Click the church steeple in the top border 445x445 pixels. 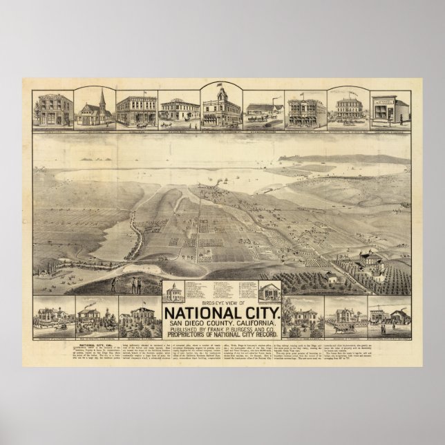(97, 95)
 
